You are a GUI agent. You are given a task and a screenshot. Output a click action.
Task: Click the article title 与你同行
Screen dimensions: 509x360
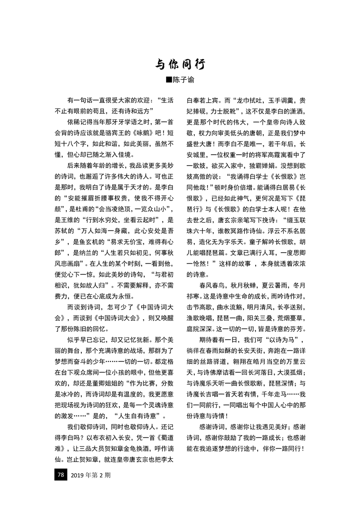tap(180, 64)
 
